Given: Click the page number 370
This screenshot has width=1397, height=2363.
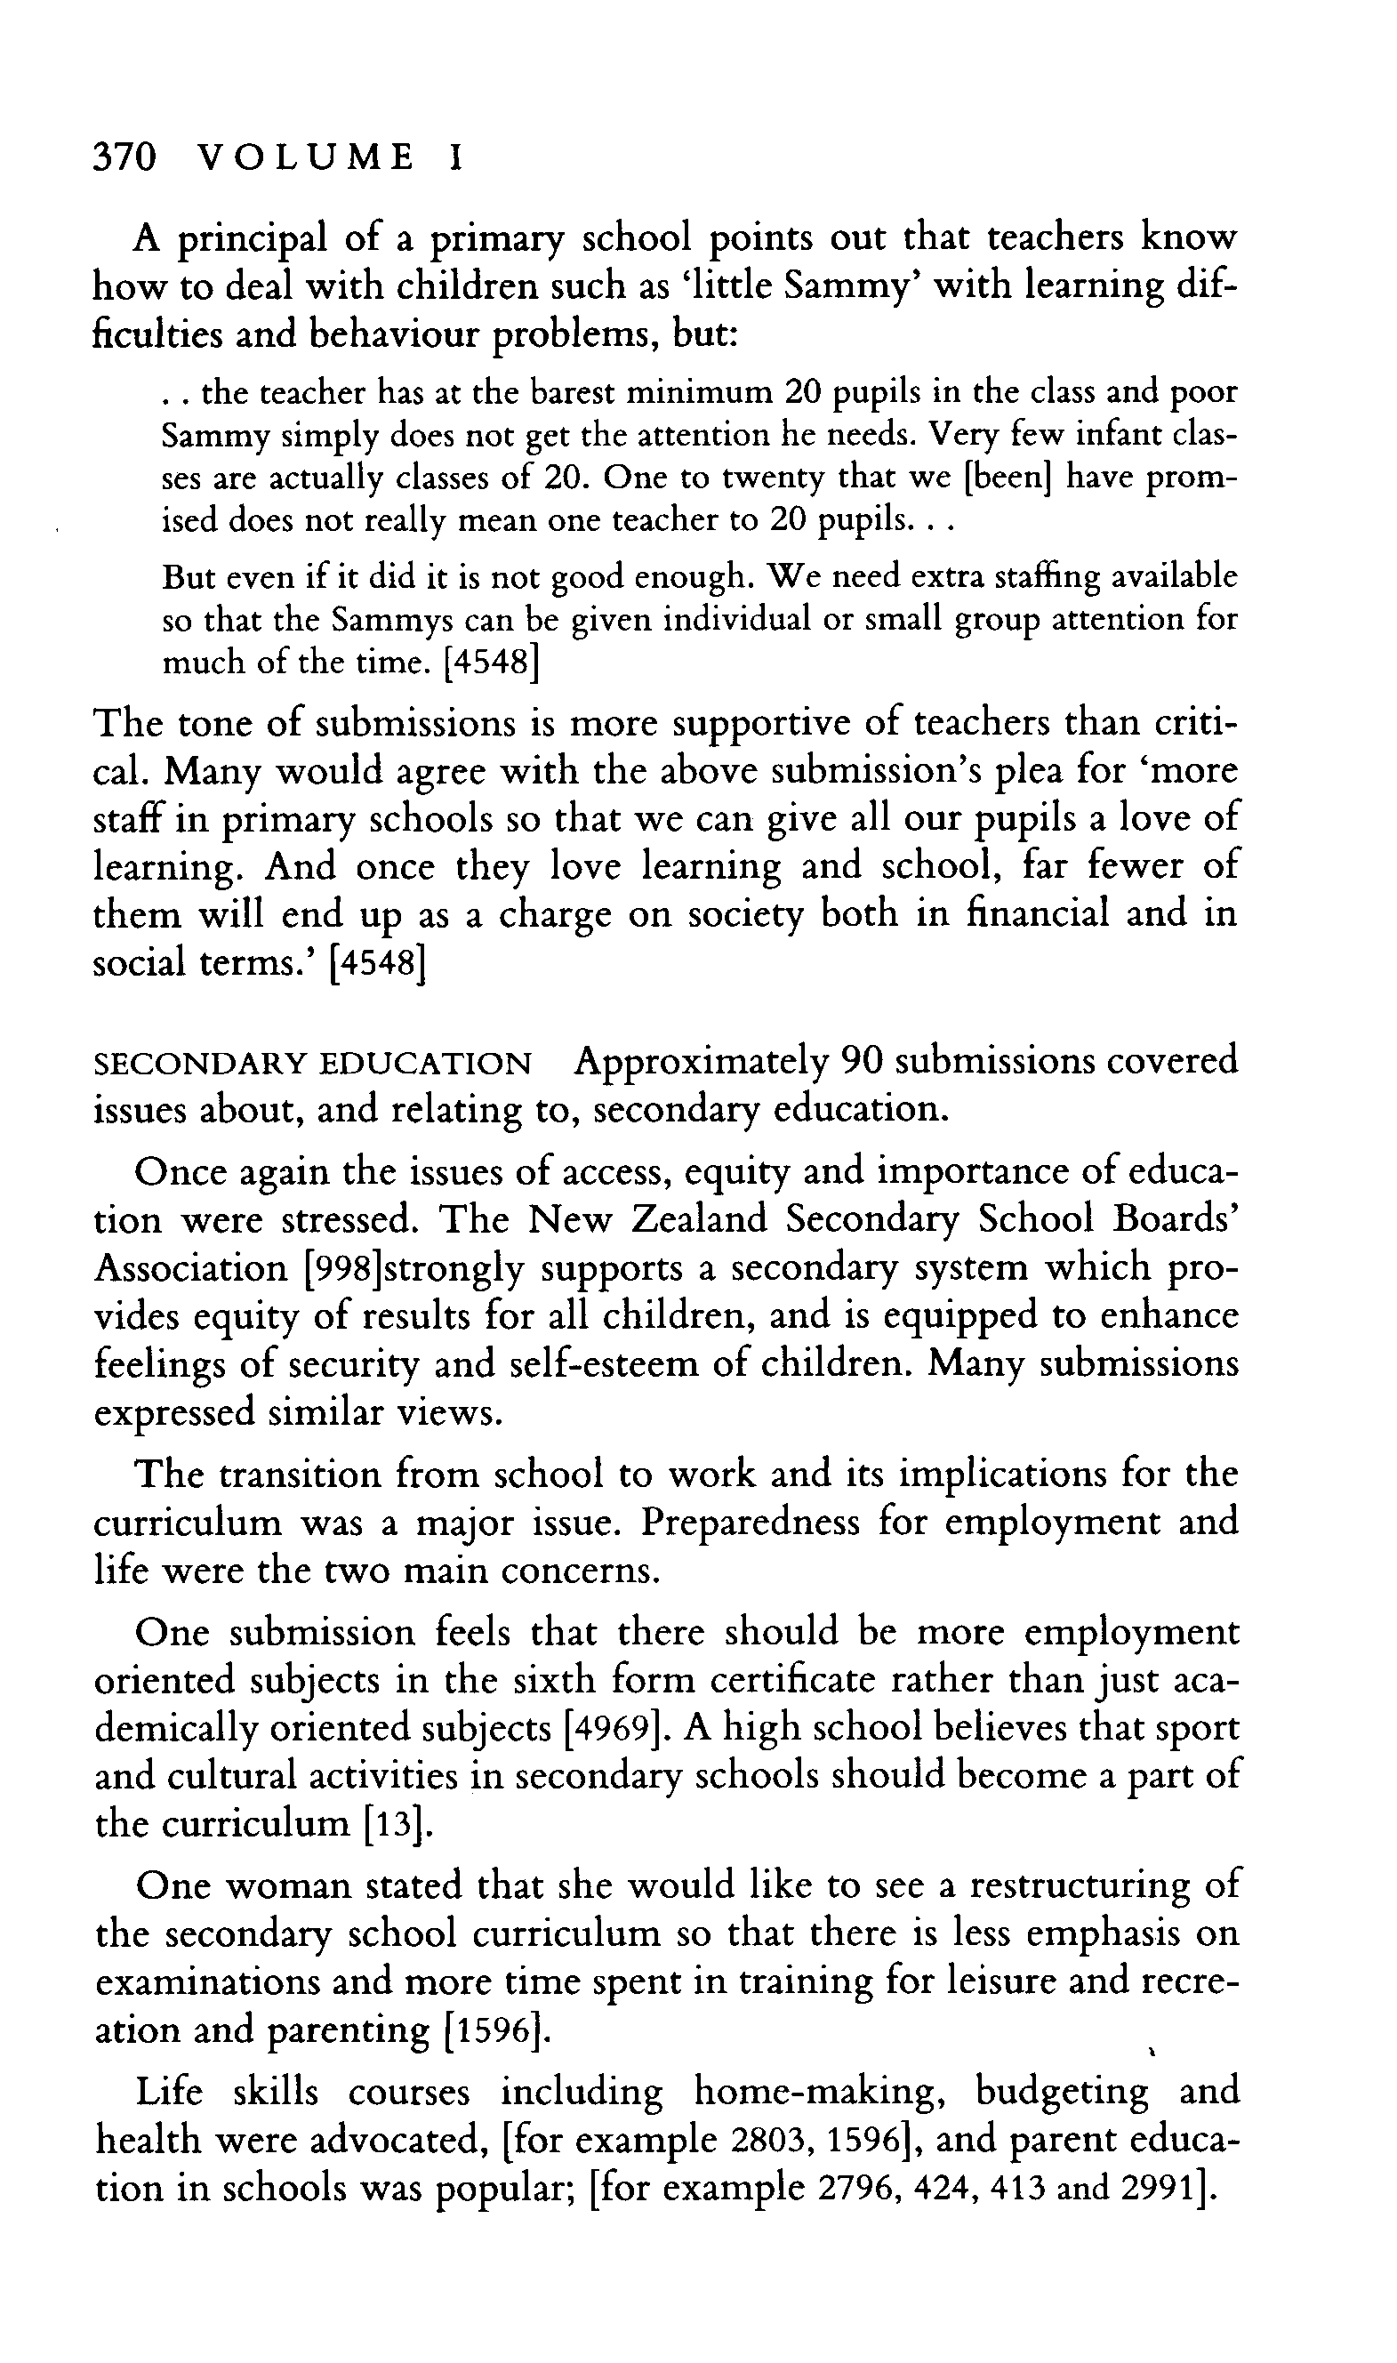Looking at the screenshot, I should pyautogui.click(x=124, y=157).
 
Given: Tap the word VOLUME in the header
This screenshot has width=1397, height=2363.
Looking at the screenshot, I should pyautogui.click(x=307, y=157).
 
